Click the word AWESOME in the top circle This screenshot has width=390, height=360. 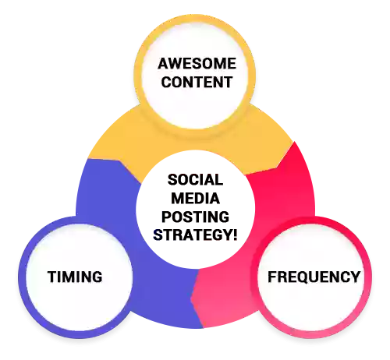(x=197, y=64)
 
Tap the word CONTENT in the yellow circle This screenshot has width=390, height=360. (x=197, y=82)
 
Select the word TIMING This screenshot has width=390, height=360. (x=75, y=277)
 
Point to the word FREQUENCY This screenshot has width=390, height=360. (x=314, y=277)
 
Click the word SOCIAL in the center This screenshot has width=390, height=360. (x=195, y=179)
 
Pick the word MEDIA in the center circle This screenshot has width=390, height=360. (x=195, y=199)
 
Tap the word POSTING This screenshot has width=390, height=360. (x=195, y=217)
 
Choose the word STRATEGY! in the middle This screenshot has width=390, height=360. (x=195, y=235)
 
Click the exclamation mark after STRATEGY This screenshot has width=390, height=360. (x=235, y=235)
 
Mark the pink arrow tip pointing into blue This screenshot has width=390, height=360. (x=191, y=298)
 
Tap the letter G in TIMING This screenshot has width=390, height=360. (x=97, y=277)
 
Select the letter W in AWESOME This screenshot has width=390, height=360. (x=178, y=64)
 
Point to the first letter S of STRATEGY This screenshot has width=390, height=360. (x=158, y=235)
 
